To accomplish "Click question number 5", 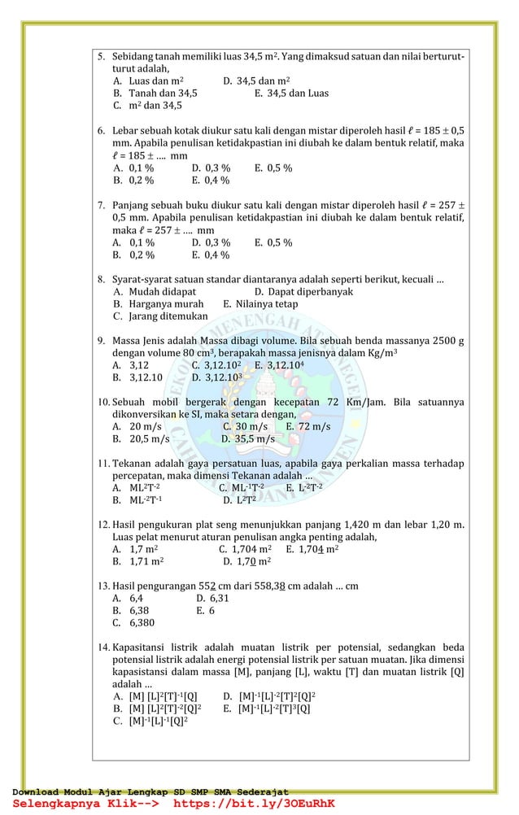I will [101, 58].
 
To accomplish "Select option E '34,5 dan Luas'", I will [291, 93].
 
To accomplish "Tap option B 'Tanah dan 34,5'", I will [155, 93].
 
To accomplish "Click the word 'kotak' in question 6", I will [200, 131].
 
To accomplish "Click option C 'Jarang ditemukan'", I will [160, 316].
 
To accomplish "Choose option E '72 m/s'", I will [308, 426].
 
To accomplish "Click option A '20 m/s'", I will [137, 426].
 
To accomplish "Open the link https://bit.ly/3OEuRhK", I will [255, 804].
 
